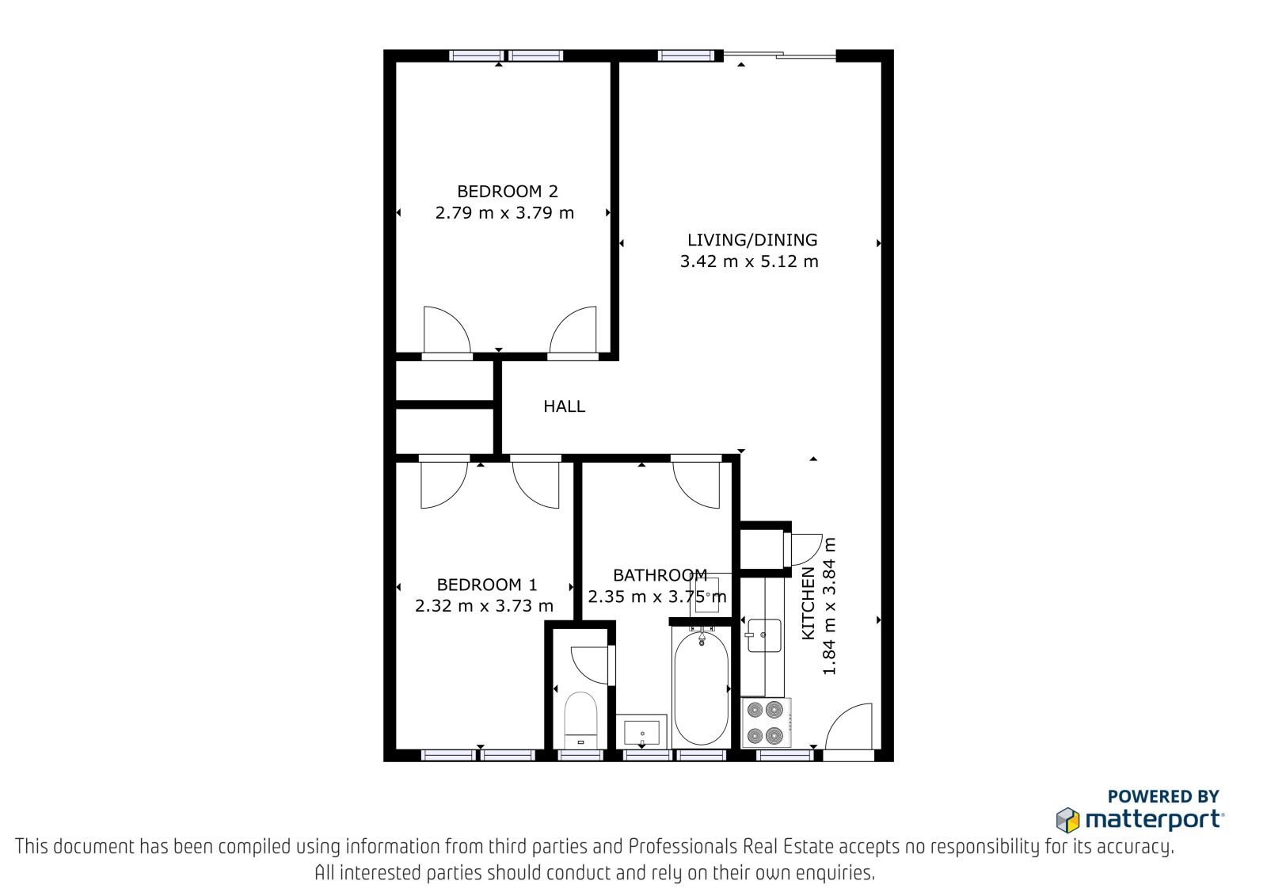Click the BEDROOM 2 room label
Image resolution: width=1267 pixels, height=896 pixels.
(508, 191)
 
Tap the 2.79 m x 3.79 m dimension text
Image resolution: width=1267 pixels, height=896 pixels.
(504, 213)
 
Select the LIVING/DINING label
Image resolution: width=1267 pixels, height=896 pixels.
(752, 240)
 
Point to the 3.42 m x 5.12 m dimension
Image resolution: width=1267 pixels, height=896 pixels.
(749, 261)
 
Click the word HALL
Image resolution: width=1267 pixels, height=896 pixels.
(564, 406)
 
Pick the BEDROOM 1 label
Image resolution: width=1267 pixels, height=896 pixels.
(487, 585)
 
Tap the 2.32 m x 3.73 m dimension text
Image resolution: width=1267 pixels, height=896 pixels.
(484, 606)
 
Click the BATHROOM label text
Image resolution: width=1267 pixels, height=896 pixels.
(660, 575)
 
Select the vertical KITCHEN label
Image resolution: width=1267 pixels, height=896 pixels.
(809, 604)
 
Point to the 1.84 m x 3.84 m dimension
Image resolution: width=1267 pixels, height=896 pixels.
(829, 605)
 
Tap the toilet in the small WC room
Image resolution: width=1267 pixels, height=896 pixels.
(581, 720)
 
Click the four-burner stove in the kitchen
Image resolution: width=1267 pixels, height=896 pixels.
(766, 723)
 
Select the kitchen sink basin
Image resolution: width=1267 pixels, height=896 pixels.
(763, 635)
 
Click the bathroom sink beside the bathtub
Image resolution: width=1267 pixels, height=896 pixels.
(642, 733)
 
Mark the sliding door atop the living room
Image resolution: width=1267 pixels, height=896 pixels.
(779, 55)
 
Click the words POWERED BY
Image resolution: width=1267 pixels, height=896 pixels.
(1163, 796)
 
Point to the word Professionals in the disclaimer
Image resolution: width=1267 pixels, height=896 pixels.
(683, 847)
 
